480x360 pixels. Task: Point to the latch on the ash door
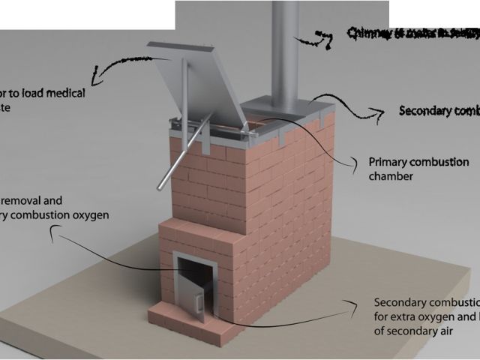[x=199, y=304]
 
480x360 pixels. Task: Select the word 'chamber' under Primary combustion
[x=391, y=176]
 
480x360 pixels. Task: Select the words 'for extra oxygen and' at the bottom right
[x=423, y=316]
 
